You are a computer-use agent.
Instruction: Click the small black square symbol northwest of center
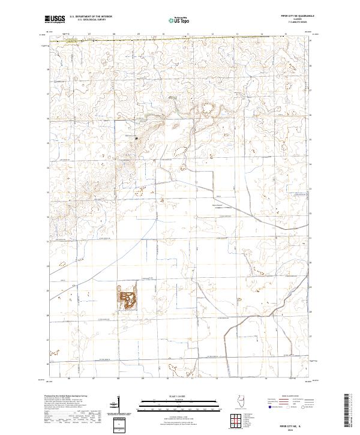click(x=136, y=137)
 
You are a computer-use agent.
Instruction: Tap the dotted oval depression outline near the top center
click(x=209, y=109)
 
